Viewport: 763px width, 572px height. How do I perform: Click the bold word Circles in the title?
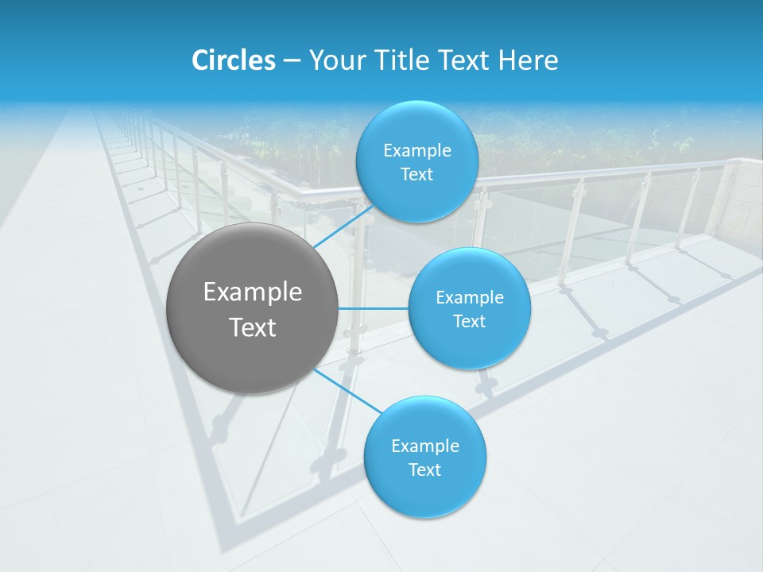point(234,60)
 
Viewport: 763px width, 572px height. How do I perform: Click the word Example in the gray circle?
point(253,292)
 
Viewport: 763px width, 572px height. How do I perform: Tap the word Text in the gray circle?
point(253,327)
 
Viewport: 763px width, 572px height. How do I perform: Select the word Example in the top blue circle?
point(416,151)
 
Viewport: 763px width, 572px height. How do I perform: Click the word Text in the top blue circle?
point(416,175)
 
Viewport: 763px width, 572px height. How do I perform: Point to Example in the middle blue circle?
point(470,298)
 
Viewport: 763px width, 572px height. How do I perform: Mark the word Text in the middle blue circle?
point(470,322)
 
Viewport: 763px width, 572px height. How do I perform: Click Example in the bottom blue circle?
point(425,446)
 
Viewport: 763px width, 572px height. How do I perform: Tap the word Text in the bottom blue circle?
point(425,470)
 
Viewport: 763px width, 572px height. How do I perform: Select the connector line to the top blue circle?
point(343,227)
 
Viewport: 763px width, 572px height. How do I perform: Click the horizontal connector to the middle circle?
point(374,308)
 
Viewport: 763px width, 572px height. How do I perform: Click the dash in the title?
point(292,60)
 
